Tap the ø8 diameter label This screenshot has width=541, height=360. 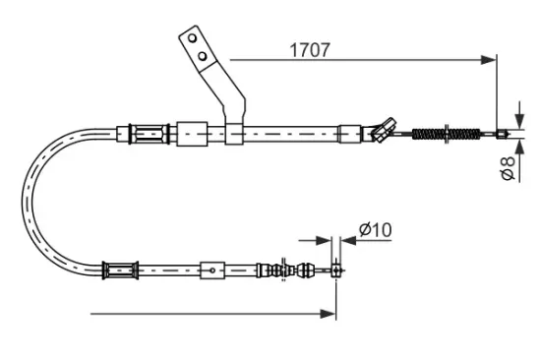click(507, 168)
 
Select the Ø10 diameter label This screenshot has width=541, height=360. click(375, 230)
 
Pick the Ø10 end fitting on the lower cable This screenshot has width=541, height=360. click(336, 268)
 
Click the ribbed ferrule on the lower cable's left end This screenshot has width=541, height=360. click(120, 268)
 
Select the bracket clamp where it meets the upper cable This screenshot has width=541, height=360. click(233, 133)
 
